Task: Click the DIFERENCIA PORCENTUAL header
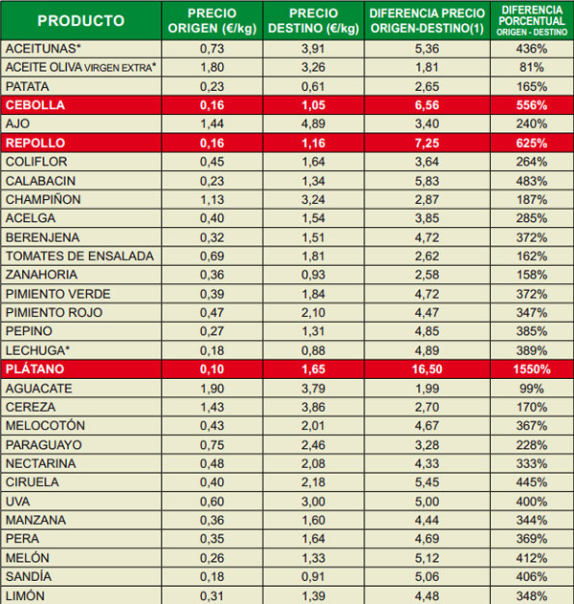(x=532, y=19)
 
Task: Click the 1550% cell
(x=532, y=369)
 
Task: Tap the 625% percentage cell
(x=532, y=143)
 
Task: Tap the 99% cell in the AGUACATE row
(x=532, y=388)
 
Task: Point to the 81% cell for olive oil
(x=532, y=67)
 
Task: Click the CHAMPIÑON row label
(x=42, y=199)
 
